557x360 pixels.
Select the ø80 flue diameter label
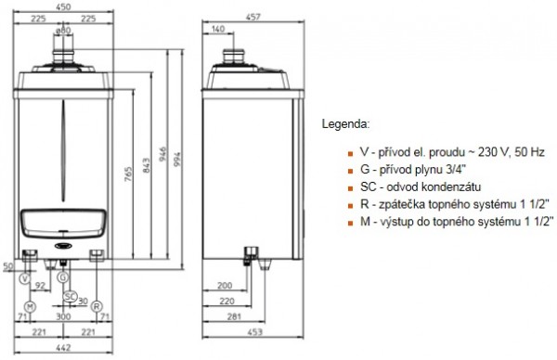[x=63, y=29]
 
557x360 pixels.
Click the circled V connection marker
[x=25, y=279]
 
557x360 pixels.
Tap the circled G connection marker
[x=61, y=276]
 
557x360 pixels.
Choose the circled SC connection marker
[x=70, y=296]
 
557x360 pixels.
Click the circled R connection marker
[x=96, y=306]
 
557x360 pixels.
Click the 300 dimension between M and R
[x=63, y=316]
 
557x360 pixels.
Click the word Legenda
[x=344, y=122]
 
